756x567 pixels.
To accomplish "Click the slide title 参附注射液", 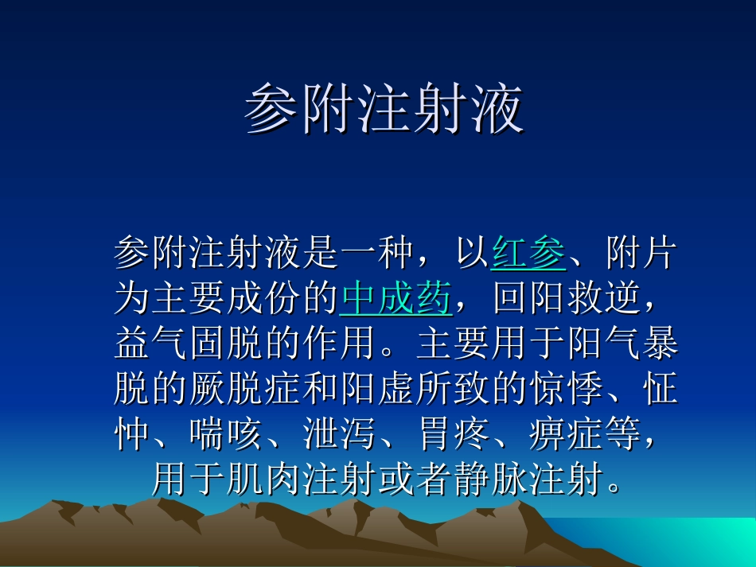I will pyautogui.click(x=384, y=110).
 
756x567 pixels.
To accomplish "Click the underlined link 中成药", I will pyautogui.click(x=396, y=300).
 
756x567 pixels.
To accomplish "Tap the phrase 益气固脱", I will pyautogui.click(x=189, y=344).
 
